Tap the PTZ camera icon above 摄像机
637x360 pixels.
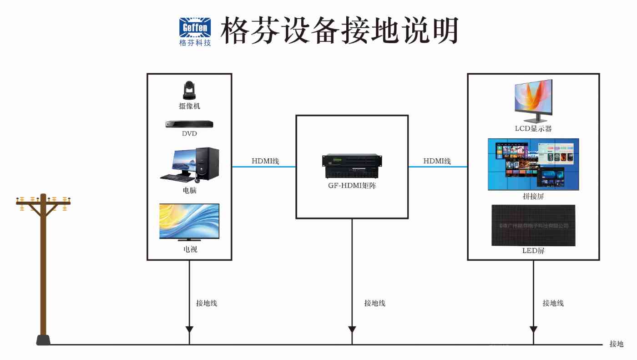[x=189, y=90]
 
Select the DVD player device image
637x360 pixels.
[x=189, y=124]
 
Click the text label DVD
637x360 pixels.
[x=189, y=134]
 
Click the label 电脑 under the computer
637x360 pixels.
[x=189, y=191]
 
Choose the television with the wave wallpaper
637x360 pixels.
[x=189, y=221]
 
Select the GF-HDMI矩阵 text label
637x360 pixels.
[x=352, y=186]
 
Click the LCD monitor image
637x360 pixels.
[x=533, y=100]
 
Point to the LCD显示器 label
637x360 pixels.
[x=533, y=129]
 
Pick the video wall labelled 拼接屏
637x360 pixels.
[x=533, y=164]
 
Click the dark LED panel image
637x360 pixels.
[x=533, y=225]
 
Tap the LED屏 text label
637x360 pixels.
[x=533, y=251]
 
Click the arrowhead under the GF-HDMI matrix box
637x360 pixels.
[x=352, y=329]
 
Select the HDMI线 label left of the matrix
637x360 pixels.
[x=265, y=161]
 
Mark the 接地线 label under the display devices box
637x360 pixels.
[x=553, y=303]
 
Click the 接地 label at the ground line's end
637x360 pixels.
[x=617, y=344]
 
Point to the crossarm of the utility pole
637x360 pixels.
[x=43, y=203]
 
